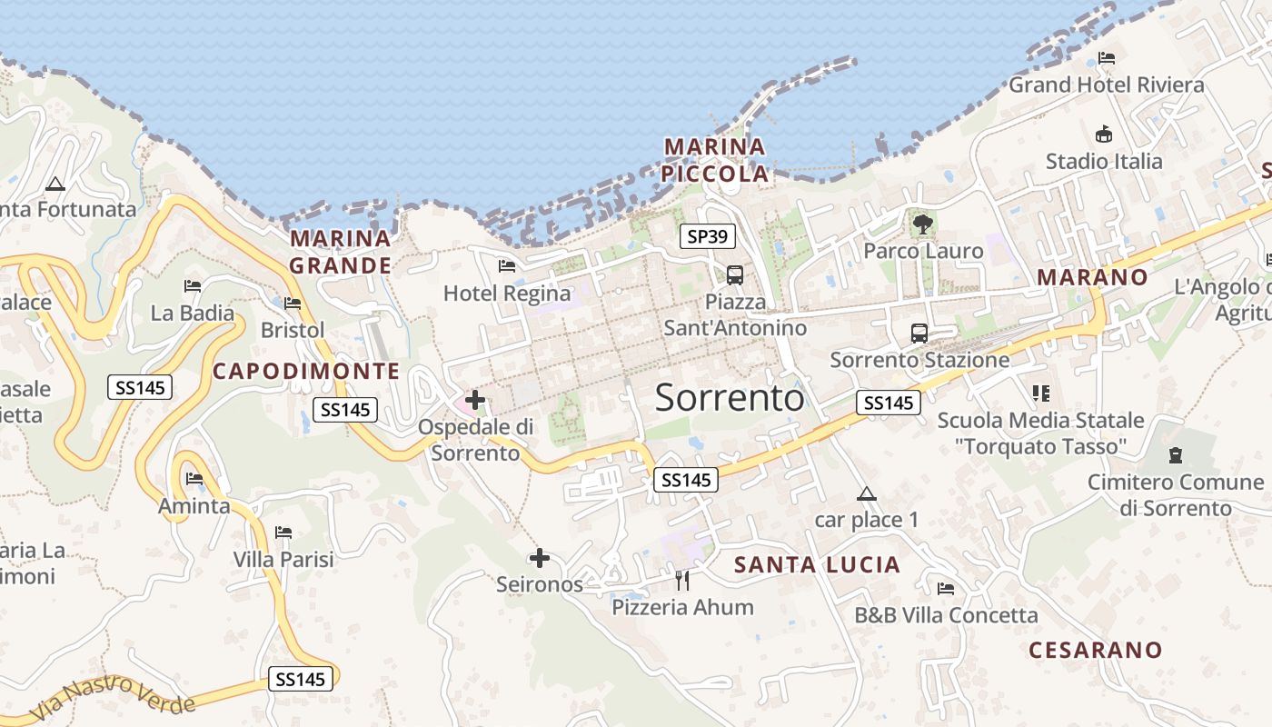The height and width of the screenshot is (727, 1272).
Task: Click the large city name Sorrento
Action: coord(729,398)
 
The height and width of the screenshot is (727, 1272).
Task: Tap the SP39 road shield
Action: coord(707,237)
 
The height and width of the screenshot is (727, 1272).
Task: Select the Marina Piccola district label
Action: coord(714,160)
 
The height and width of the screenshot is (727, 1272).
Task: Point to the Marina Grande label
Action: coord(340,252)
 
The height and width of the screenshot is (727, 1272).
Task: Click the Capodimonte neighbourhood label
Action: coord(305,371)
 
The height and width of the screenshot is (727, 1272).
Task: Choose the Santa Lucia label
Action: coord(817,565)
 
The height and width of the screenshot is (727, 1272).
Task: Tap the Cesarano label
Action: coord(1095,650)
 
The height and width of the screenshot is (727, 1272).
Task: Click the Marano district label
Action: coord(1092,277)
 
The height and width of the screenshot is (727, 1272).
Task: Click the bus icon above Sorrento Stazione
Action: coord(919,334)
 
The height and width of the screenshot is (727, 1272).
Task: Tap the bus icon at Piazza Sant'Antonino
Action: coord(735,274)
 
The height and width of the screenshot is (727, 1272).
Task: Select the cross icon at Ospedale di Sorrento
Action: coord(474,399)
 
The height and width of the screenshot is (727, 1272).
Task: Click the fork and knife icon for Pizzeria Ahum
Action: coord(682,580)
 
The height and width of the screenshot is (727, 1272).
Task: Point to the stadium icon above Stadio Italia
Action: coord(1104,134)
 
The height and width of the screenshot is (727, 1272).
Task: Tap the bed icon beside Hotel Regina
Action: coord(507,266)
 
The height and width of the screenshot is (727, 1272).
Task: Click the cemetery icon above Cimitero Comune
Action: coord(1176,454)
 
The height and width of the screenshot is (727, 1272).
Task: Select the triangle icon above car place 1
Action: coord(866,494)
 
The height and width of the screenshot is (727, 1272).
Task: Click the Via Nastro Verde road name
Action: coord(113,698)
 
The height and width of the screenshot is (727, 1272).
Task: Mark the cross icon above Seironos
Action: coord(540,557)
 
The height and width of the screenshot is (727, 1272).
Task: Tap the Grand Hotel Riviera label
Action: coord(1107,85)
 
